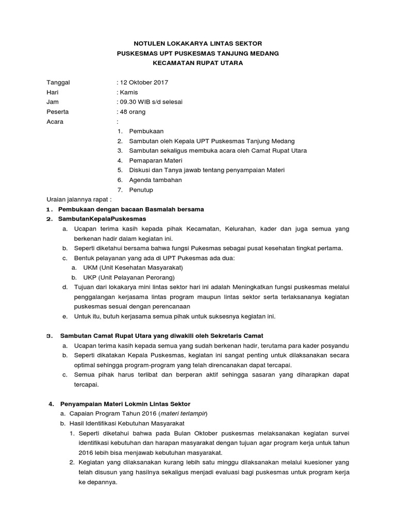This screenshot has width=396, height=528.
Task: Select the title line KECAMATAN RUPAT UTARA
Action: point(197,63)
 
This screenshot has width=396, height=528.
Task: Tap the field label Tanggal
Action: point(58,82)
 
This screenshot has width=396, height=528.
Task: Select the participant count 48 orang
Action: point(133,112)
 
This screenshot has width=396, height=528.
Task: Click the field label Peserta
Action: point(58,112)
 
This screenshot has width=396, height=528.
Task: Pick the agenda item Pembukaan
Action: point(147,131)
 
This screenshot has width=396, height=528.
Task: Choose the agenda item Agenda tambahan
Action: point(156,180)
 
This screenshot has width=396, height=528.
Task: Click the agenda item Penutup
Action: point(141,190)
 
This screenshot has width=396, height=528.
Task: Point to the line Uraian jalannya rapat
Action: point(79,199)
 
